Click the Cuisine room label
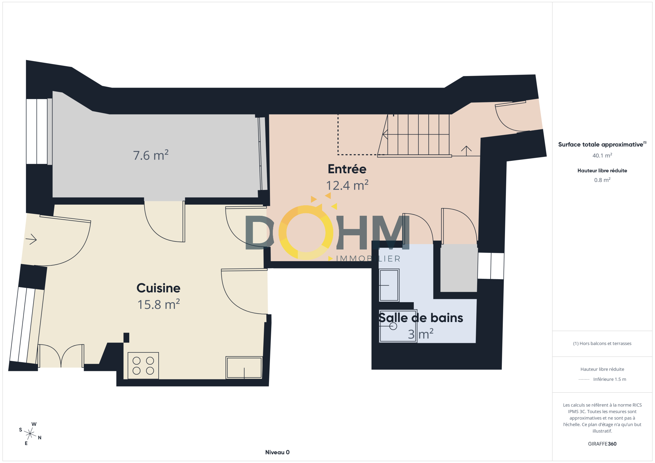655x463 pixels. click(x=158, y=288)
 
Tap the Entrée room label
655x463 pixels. click(x=347, y=169)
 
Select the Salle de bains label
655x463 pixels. click(x=421, y=318)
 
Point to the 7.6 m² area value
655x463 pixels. click(x=151, y=155)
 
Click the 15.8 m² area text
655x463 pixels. click(x=158, y=304)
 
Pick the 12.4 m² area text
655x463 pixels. click(x=347, y=185)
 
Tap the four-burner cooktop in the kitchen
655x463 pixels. click(x=143, y=365)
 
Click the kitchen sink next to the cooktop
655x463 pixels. click(x=244, y=367)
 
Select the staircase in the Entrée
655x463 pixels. click(x=414, y=135)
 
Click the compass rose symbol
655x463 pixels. click(x=30, y=434)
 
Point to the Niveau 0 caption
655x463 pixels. click(x=277, y=452)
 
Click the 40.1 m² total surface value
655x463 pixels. click(x=602, y=155)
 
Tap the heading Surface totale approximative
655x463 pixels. click(x=601, y=145)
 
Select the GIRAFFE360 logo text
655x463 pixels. click(x=602, y=444)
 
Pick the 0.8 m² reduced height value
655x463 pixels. click(x=602, y=180)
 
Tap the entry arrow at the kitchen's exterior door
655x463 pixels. click(x=31, y=239)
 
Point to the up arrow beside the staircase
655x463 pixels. click(x=466, y=151)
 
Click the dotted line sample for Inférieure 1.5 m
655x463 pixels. click(x=584, y=380)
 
